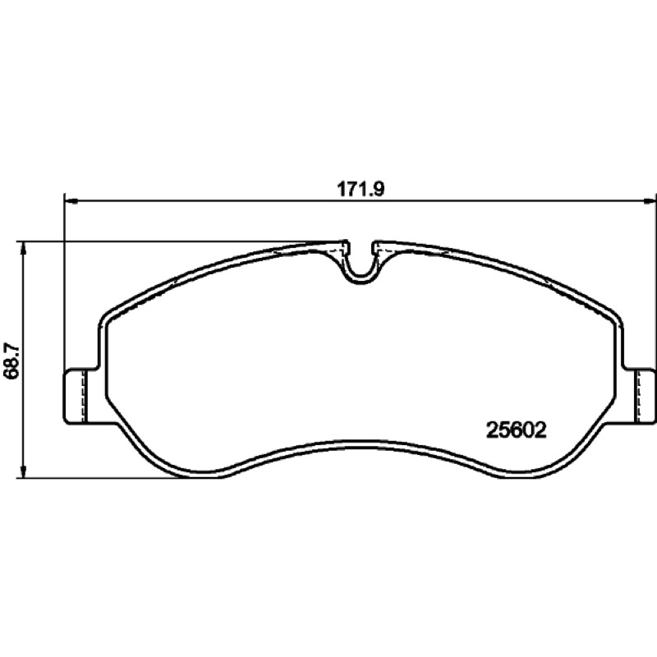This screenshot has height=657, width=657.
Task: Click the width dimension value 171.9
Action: coord(361,190)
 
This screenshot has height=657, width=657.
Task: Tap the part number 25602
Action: coord(517,430)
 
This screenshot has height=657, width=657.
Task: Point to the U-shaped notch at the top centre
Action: coord(360,272)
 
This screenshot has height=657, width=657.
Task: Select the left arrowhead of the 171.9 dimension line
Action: coord(72,202)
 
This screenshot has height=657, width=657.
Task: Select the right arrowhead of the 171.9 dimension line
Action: coord(650,202)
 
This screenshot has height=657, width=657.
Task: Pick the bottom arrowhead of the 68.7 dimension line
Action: coord(24,471)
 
